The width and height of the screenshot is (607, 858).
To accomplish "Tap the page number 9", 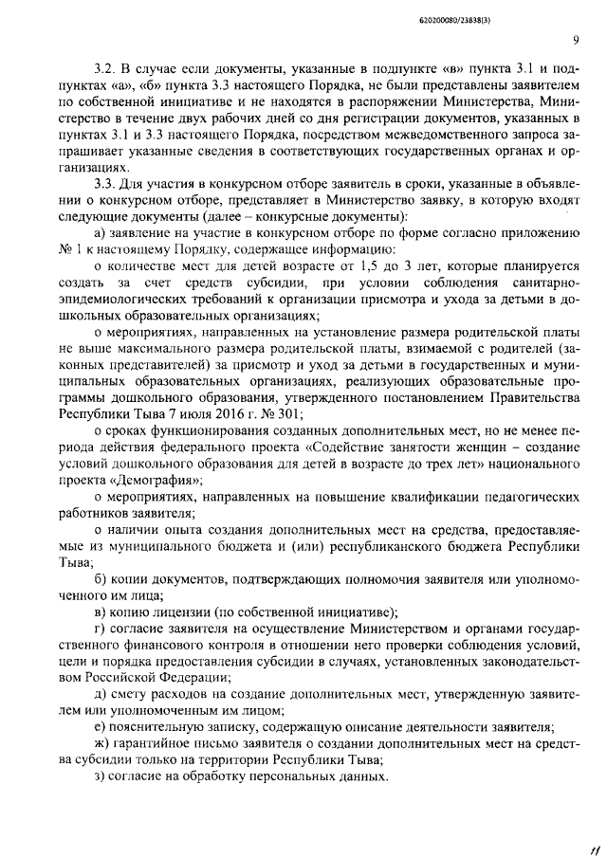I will [575, 40].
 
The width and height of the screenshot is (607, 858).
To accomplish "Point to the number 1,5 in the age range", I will [346, 268].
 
